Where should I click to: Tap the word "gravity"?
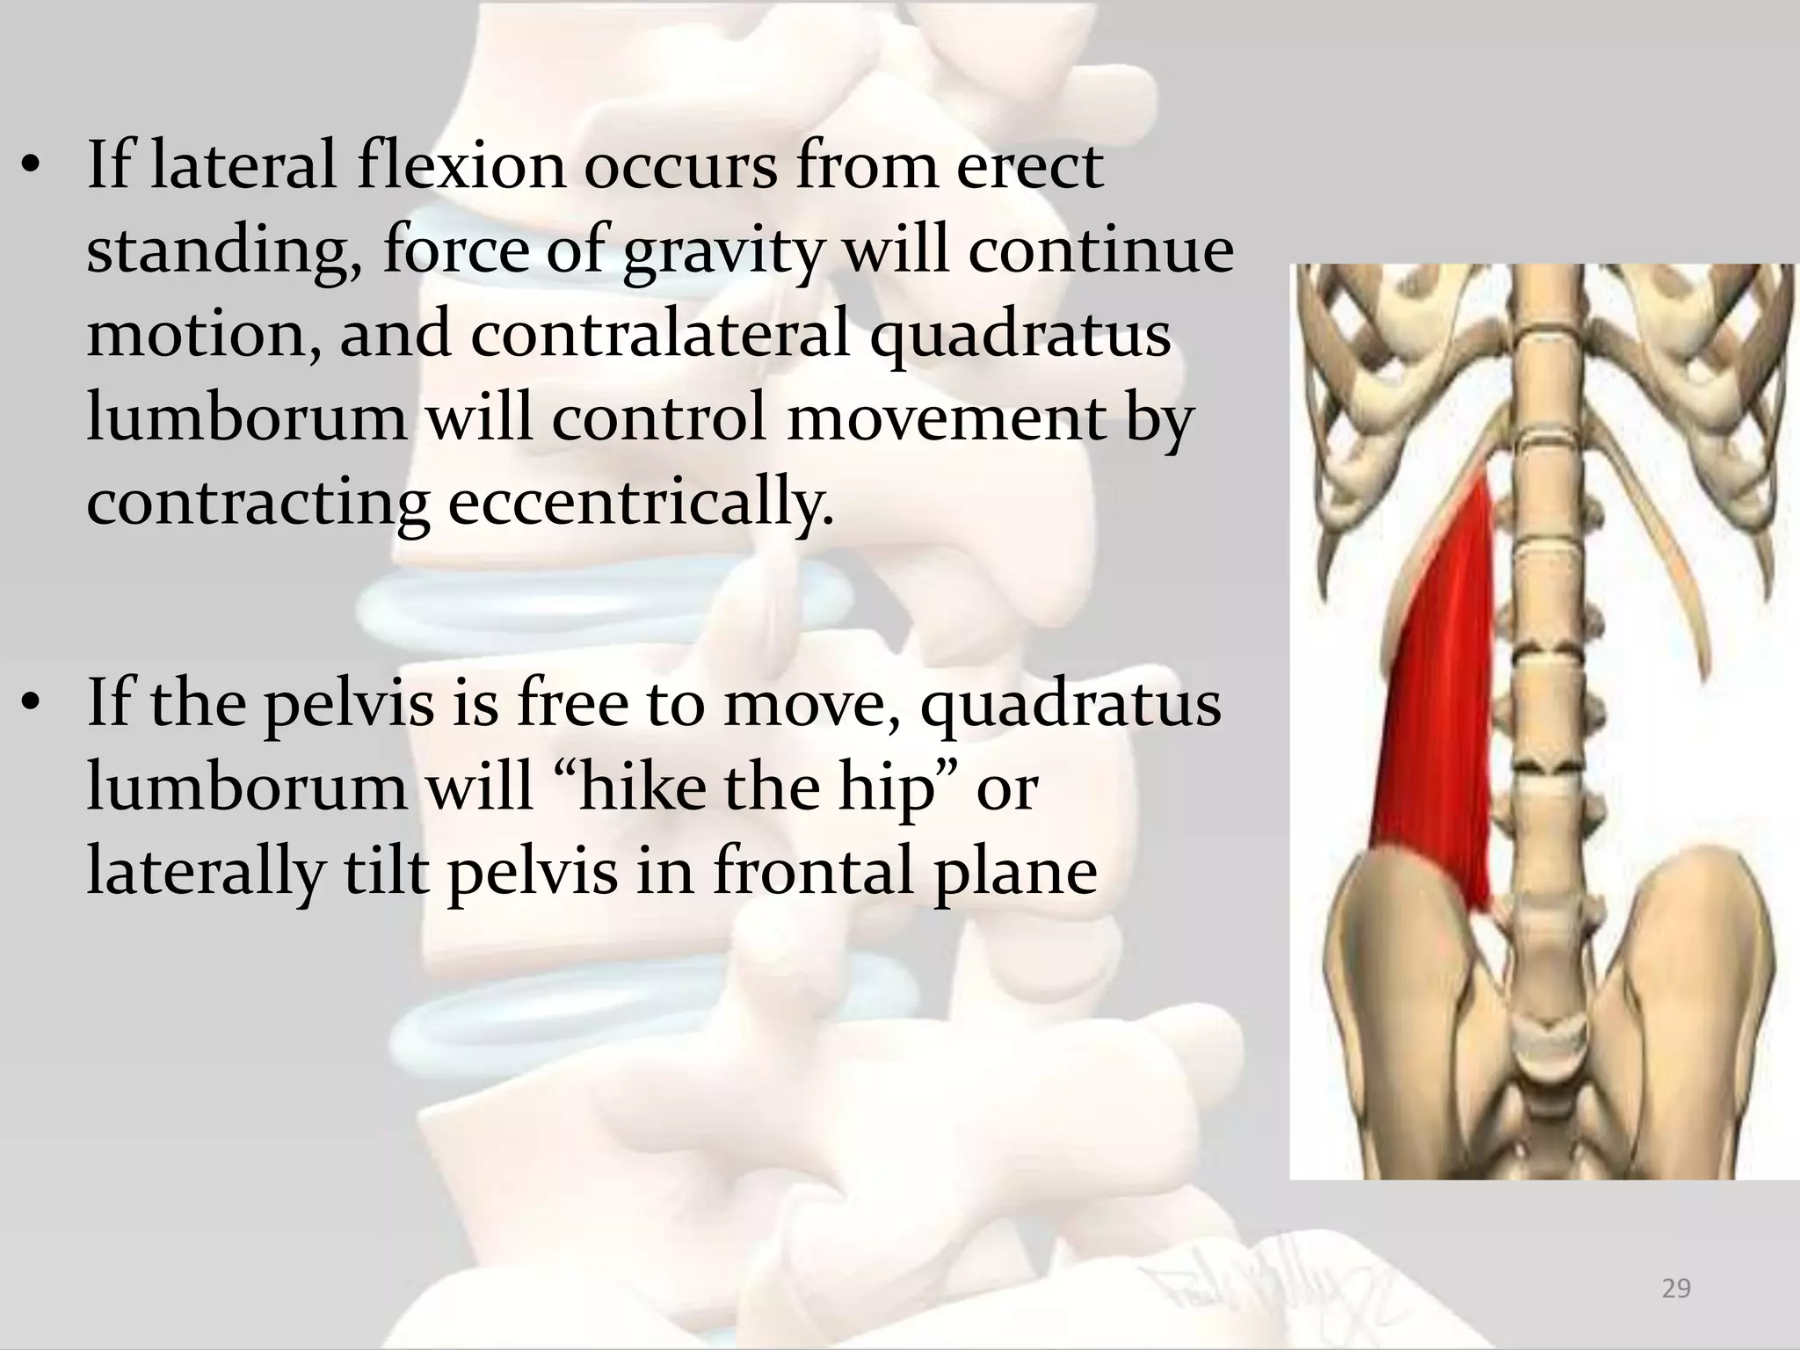(x=722, y=253)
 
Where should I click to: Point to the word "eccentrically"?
(x=640, y=503)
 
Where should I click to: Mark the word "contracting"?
(x=258, y=503)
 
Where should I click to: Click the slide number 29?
(x=1676, y=1289)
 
